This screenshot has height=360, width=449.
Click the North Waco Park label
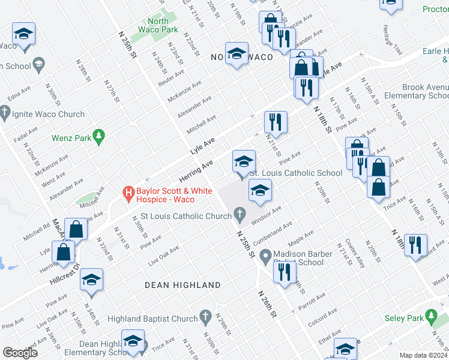click(162, 25)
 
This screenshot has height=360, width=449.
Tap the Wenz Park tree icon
click(100, 138)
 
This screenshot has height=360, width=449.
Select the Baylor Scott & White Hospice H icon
click(128, 193)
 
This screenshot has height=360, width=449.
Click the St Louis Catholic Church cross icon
click(240, 214)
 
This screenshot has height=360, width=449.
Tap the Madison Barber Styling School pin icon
click(267, 255)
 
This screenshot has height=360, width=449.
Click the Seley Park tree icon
click(430, 316)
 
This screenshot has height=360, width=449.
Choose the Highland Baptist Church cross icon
click(205, 316)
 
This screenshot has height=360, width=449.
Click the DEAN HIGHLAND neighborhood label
click(182, 285)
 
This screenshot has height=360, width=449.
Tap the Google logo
click(20, 353)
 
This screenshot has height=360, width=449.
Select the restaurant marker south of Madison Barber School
click(284, 272)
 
